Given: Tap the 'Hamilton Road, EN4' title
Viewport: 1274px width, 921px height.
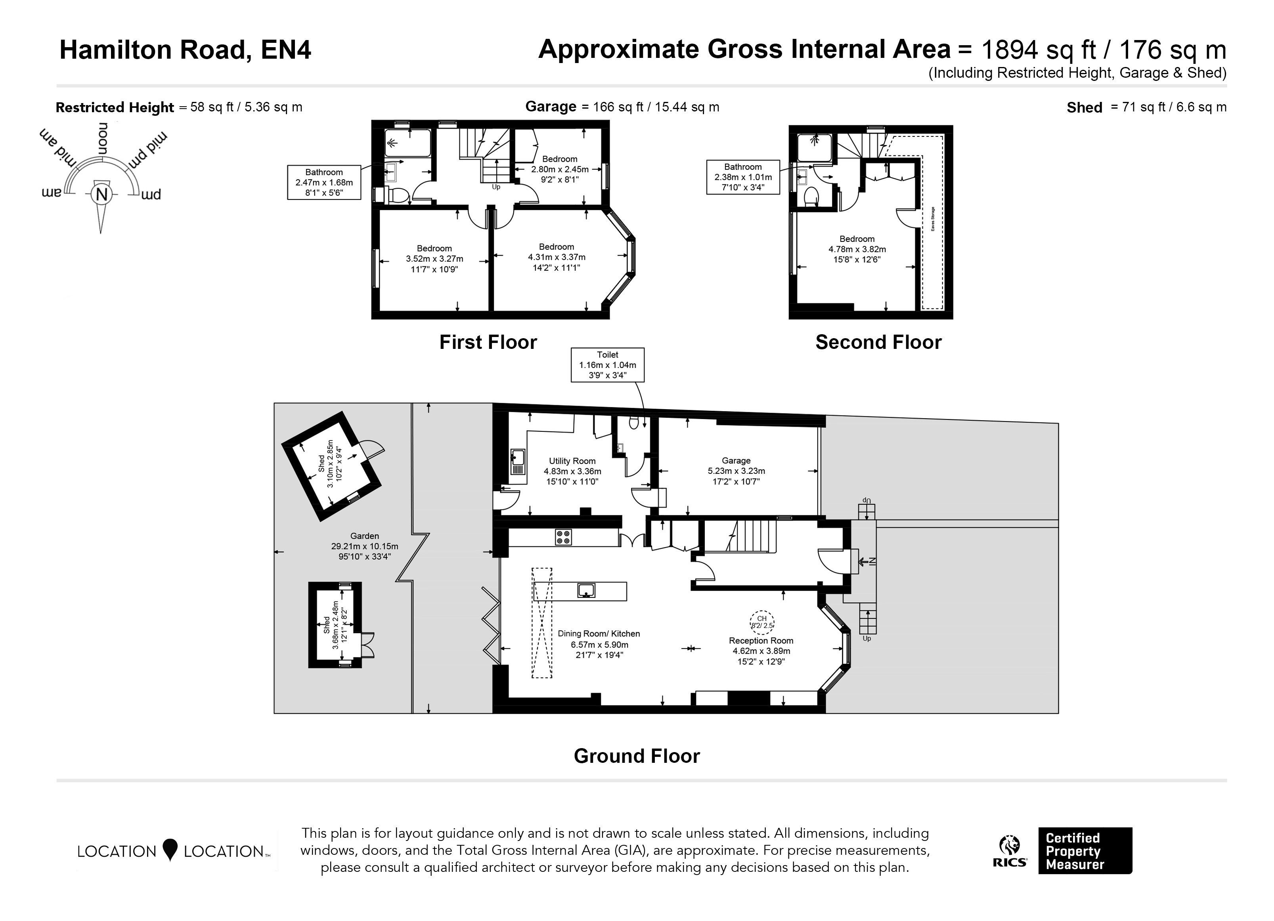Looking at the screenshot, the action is [186, 50].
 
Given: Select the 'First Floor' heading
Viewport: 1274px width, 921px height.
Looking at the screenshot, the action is [488, 342].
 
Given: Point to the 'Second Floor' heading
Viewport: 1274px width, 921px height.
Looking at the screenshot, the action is [878, 342].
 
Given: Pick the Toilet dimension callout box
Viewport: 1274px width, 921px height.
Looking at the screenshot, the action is [608, 365].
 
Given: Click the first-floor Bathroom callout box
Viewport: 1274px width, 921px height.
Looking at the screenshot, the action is [324, 182].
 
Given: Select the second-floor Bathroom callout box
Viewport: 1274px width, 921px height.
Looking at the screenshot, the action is [743, 177].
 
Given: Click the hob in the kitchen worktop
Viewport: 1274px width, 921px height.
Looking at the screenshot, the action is [563, 537].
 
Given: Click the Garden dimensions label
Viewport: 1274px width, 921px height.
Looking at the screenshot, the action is [365, 546].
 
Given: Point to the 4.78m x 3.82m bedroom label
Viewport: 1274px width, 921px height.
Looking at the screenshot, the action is [857, 249].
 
